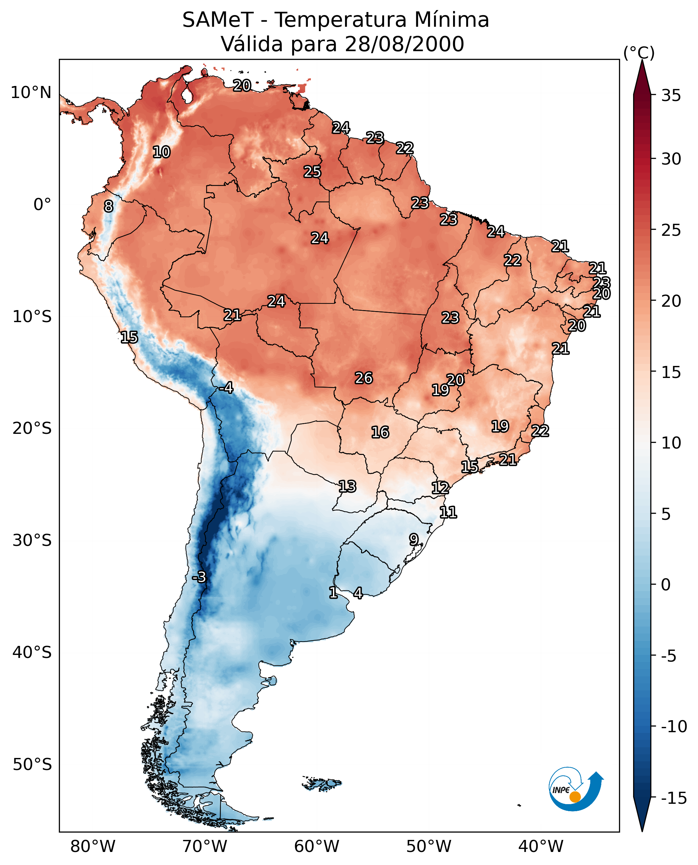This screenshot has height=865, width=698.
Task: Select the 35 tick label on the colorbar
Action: (671, 96)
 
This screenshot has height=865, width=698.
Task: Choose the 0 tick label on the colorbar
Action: (666, 585)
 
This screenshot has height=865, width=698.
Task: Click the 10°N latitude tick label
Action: (31, 93)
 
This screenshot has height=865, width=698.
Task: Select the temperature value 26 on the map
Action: (363, 378)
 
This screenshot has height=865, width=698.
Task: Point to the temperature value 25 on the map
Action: (312, 172)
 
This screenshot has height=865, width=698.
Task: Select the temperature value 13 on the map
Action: (347, 487)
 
